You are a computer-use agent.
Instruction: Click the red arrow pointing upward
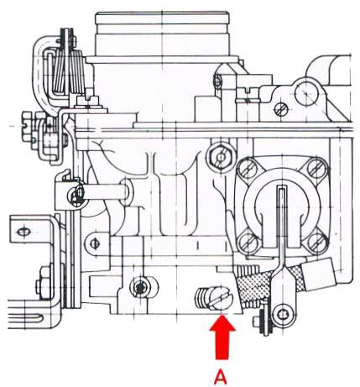(222, 336)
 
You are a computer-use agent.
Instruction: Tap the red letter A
(221, 377)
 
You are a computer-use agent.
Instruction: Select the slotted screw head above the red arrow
(222, 298)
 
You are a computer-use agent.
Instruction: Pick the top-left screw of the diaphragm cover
(248, 169)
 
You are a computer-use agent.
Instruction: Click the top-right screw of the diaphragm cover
(318, 167)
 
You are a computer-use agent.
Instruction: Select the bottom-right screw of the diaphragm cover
(316, 242)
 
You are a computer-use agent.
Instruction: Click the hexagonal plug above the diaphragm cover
(221, 157)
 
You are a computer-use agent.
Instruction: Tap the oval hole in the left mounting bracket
(23, 232)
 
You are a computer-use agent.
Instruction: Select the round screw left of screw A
(141, 287)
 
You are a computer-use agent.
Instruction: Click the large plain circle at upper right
(306, 93)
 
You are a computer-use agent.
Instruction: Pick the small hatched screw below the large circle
(281, 109)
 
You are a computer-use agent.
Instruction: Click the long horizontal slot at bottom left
(23, 318)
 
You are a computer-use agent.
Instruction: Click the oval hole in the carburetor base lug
(94, 243)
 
